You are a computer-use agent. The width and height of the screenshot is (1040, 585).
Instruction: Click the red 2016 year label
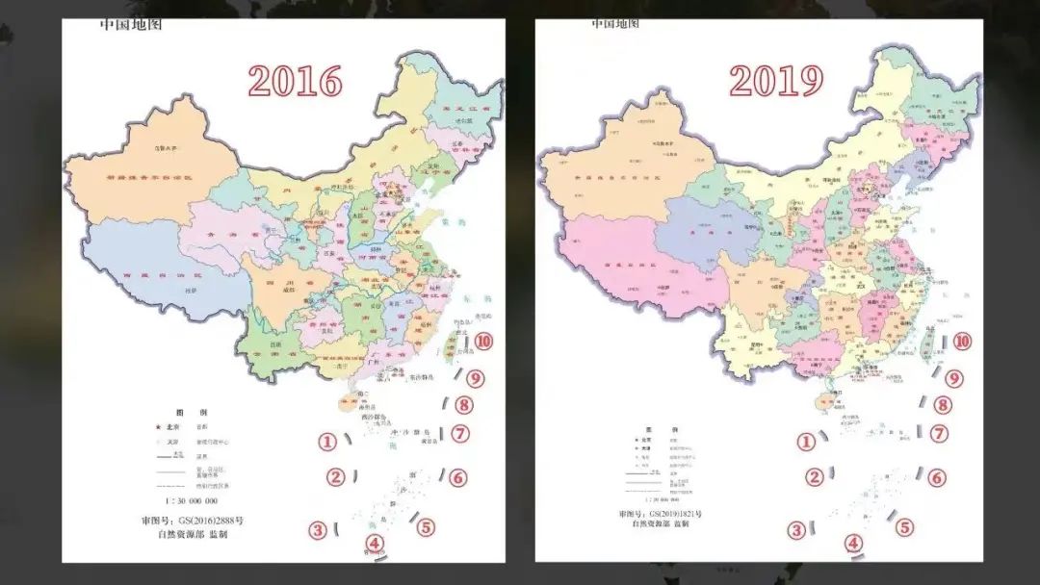pyautogui.click(x=295, y=81)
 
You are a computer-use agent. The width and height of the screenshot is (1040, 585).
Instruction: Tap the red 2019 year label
pyautogui.click(x=775, y=81)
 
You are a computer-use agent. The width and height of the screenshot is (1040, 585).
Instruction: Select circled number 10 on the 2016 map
pyautogui.click(x=483, y=341)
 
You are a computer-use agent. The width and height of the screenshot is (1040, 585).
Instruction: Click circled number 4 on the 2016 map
pyautogui.click(x=375, y=545)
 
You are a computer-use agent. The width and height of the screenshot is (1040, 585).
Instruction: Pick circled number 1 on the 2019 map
pyautogui.click(x=805, y=442)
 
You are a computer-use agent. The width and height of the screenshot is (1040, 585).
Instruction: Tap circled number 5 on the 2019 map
pyautogui.click(x=905, y=527)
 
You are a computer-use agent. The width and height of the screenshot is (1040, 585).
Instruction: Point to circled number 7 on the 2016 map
pyautogui.click(x=460, y=434)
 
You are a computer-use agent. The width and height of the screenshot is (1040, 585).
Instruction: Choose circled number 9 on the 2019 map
pyautogui.click(x=954, y=379)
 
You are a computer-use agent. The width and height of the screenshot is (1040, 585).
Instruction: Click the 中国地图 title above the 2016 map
pyautogui.click(x=131, y=24)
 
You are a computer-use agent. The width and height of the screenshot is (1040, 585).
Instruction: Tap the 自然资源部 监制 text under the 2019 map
pyautogui.click(x=661, y=524)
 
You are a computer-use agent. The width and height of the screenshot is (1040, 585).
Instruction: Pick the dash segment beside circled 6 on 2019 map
pyautogui.click(x=920, y=473)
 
